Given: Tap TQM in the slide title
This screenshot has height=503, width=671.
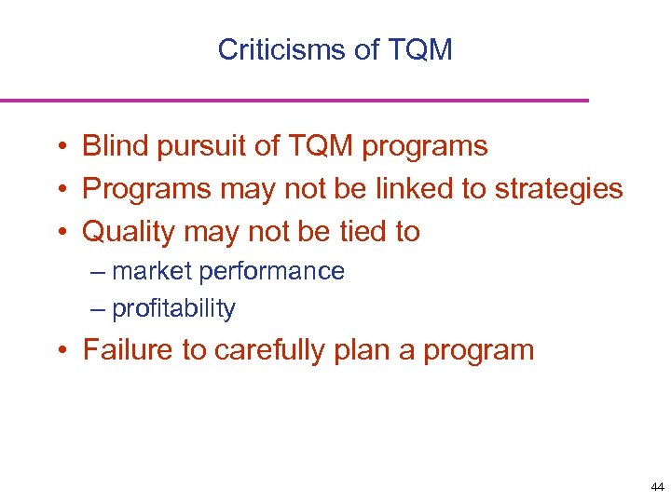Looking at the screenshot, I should (x=418, y=49).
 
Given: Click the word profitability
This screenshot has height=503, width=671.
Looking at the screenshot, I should (x=173, y=309).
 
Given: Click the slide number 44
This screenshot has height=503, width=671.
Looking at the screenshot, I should (x=657, y=487).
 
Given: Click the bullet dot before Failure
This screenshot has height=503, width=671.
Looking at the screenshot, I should (x=59, y=351).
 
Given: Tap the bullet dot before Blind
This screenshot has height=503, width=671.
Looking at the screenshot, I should (x=59, y=147).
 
